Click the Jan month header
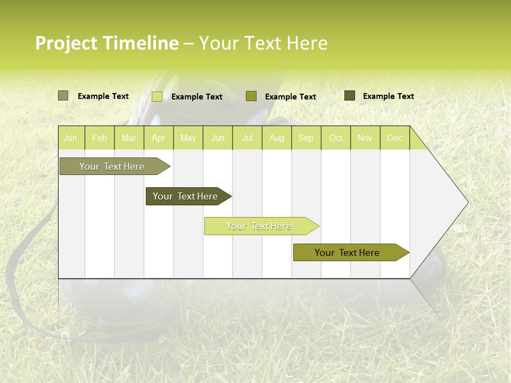(70, 138)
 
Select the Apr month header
(158, 138)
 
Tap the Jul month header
(247, 138)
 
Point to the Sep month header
(306, 138)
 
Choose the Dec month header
(394, 138)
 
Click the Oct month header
(336, 138)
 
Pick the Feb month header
(100, 138)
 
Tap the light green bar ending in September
(259, 226)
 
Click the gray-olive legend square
(63, 96)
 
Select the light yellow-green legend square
(156, 96)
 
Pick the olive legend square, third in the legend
(251, 96)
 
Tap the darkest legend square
(349, 96)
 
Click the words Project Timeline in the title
(106, 43)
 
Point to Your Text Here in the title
(263, 43)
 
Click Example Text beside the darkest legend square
(388, 96)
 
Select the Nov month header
(365, 138)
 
